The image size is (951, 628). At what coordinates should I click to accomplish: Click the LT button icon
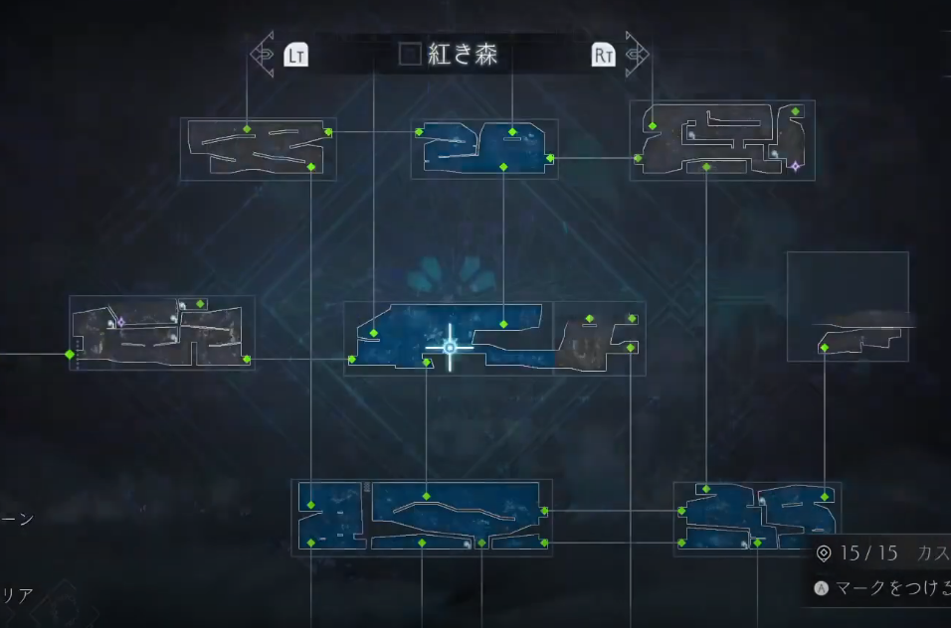point(295,54)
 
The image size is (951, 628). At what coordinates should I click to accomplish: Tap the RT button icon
point(603,54)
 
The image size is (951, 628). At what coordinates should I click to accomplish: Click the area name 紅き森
point(463,55)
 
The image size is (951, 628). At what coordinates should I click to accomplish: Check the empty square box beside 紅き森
point(410,55)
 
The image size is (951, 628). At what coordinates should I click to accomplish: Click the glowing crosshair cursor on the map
point(450,347)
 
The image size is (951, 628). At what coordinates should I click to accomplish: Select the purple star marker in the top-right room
point(794,166)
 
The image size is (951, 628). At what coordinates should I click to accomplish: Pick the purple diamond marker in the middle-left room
point(121,321)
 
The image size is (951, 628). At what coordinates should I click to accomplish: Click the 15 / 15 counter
point(868,552)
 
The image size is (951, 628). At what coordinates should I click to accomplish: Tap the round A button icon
point(822,587)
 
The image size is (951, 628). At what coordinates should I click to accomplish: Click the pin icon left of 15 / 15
point(823,553)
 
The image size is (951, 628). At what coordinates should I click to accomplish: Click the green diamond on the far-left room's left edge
point(70,354)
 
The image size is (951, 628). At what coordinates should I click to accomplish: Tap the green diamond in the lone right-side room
point(824,347)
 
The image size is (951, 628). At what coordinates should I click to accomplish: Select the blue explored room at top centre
point(483,149)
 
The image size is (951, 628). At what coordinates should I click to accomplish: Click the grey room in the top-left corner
point(258,149)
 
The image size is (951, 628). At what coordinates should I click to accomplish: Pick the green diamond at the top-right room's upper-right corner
point(796,111)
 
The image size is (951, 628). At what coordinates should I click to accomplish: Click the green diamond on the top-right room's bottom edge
point(706,167)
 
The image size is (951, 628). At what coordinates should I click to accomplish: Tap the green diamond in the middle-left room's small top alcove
point(200,303)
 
